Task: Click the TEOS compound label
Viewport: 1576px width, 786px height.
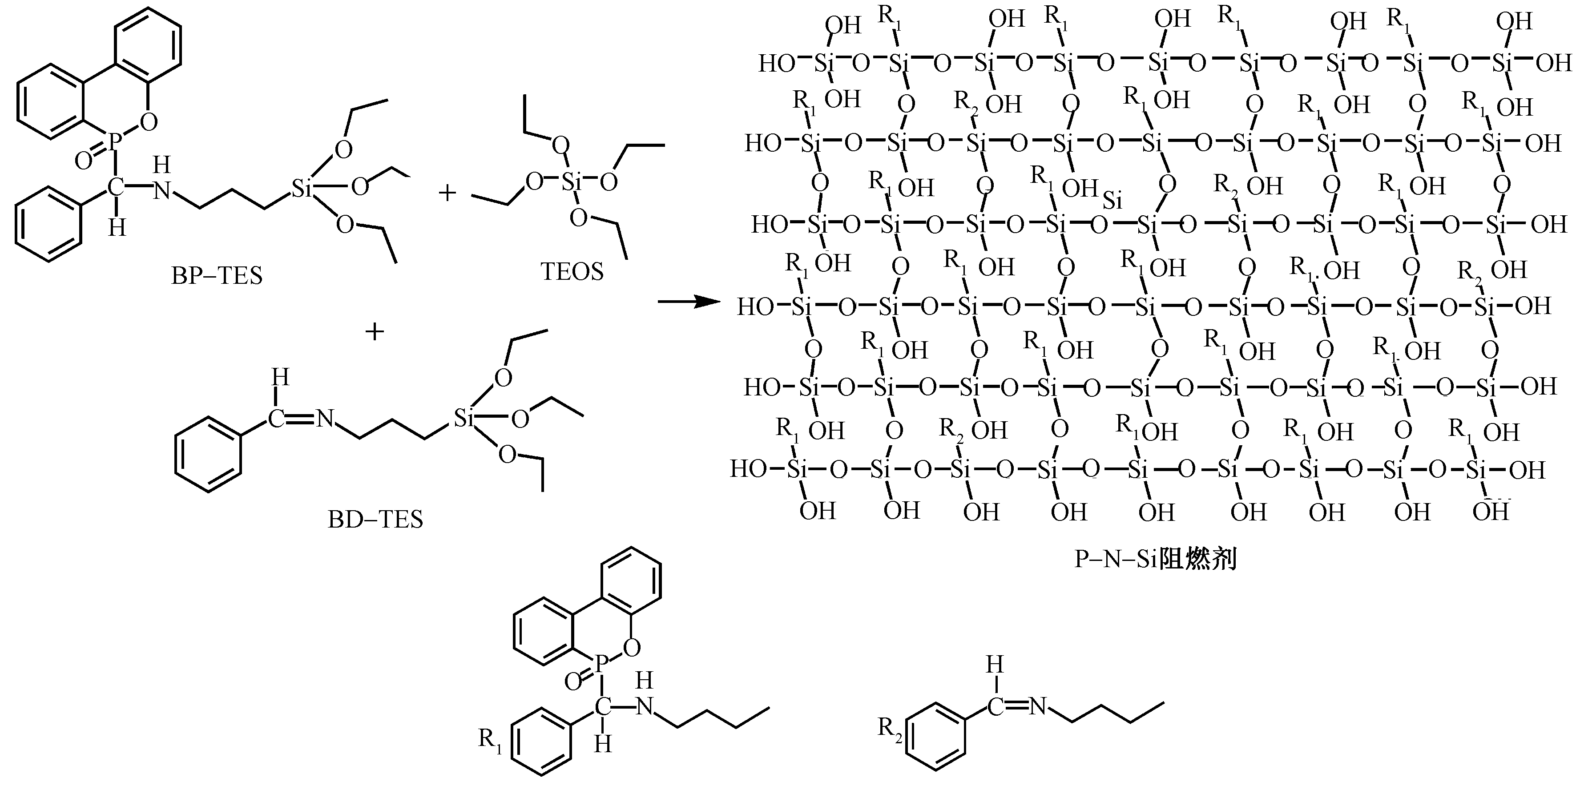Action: coord(572,271)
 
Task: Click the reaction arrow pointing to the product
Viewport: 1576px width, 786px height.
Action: coord(688,302)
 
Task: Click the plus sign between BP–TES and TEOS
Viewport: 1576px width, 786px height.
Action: coord(448,193)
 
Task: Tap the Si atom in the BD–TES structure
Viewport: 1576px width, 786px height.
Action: coord(464,419)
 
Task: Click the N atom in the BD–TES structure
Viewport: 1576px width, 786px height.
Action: coord(325,419)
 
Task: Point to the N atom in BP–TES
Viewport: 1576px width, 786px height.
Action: coord(161,191)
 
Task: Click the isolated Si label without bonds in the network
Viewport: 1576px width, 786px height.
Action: coord(1113,201)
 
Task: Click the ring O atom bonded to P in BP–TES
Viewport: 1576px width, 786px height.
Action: coord(149,122)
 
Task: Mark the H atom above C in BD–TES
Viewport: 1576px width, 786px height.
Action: coord(280,377)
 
